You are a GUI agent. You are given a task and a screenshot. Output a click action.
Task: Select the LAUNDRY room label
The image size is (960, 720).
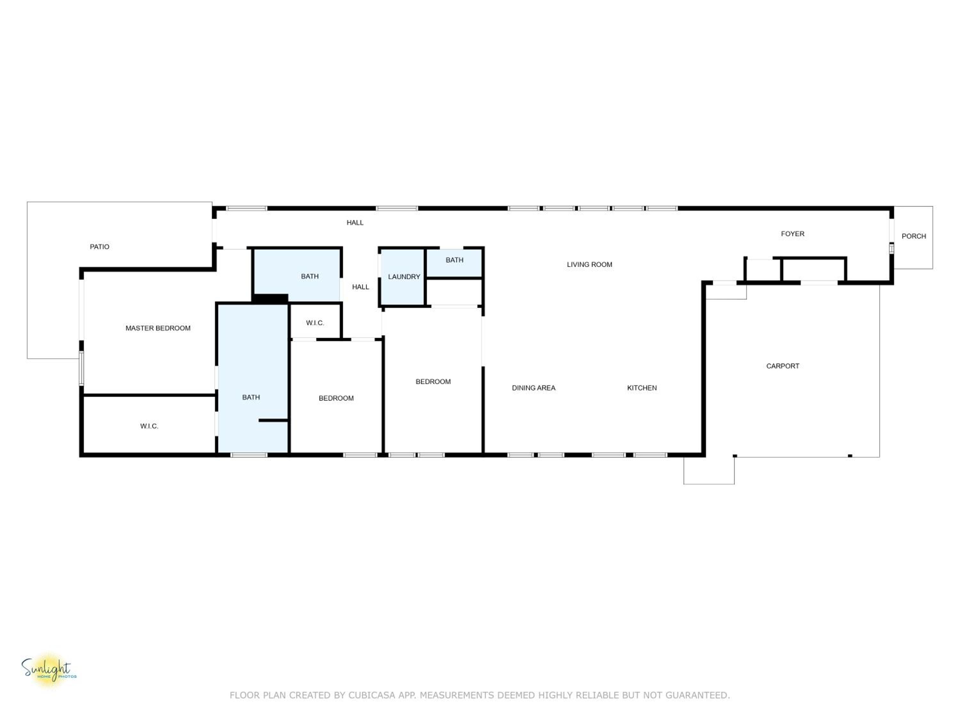[404, 277]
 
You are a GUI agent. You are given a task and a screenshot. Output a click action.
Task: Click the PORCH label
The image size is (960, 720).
[914, 236]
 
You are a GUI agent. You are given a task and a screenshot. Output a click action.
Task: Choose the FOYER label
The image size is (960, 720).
[792, 234]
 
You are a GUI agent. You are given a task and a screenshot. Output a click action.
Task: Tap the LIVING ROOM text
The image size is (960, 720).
[589, 265]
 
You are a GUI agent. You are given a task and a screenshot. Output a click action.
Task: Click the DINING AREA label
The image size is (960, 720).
[533, 388]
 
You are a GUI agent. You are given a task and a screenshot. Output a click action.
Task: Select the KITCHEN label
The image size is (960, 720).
[642, 388]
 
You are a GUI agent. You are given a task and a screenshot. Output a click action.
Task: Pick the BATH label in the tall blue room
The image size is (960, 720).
[251, 397]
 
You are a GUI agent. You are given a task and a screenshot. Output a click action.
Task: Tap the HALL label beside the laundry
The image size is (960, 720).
[361, 287]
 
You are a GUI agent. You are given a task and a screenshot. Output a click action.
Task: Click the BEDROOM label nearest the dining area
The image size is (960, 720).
[433, 382]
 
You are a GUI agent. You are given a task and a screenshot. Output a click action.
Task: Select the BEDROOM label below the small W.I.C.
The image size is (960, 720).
[336, 398]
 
